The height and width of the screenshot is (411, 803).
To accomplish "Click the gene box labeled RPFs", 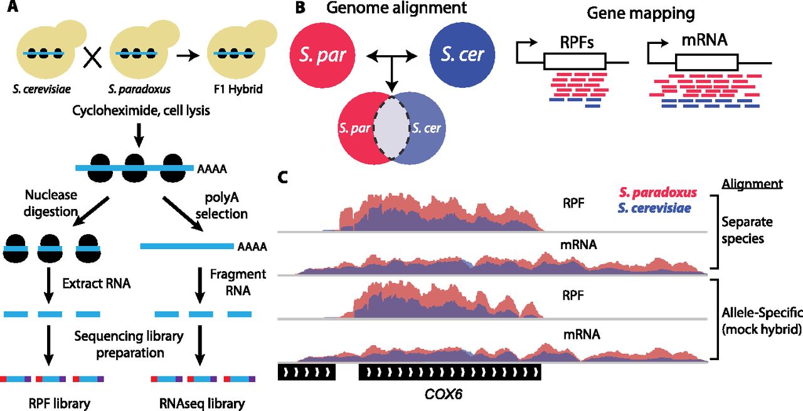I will coord(574,61).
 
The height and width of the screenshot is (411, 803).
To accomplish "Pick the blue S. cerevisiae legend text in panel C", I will coord(656,207).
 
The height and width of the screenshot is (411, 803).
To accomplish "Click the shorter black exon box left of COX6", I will coord(307,373).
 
